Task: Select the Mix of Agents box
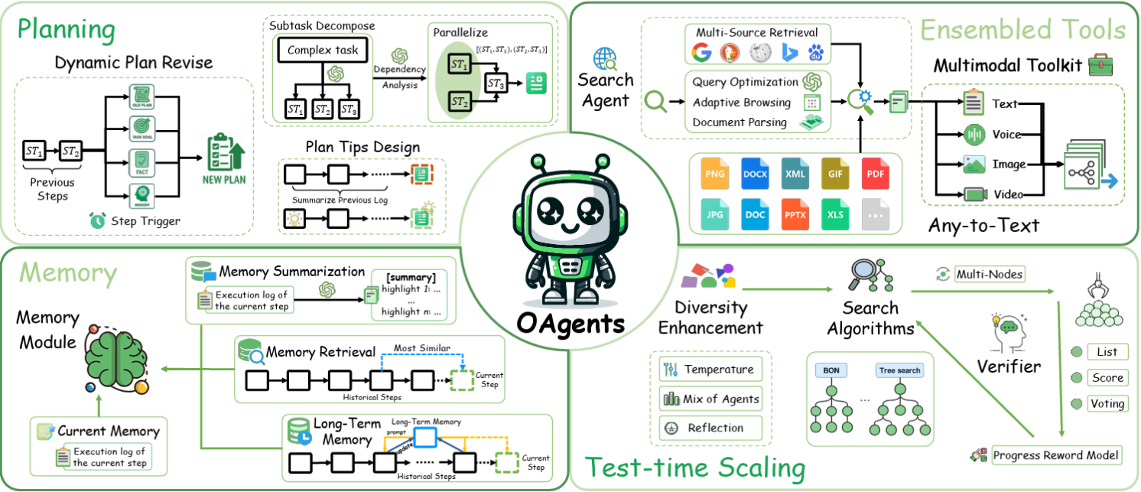pyautogui.click(x=711, y=398)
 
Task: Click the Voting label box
pyautogui.click(x=1107, y=403)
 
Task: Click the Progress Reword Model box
pyautogui.click(x=1056, y=455)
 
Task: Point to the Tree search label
pyautogui.click(x=899, y=370)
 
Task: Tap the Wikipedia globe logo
pyautogui.click(x=757, y=53)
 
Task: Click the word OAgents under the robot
pyautogui.click(x=569, y=324)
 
